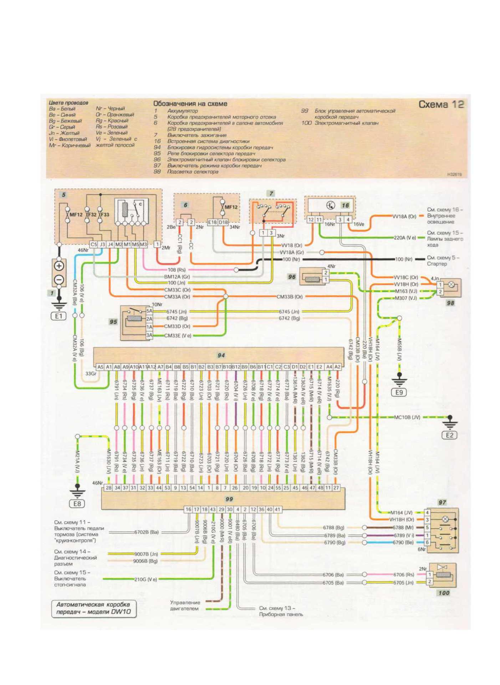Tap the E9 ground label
coord(399,392)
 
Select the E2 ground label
coord(449,435)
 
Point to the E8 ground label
coord(77,504)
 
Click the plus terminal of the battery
coord(59,266)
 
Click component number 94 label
coord(221,355)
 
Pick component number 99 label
coord(229,499)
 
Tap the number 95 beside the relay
coord(113,321)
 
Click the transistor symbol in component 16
coord(331,205)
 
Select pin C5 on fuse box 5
coord(94,244)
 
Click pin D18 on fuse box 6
coord(223,222)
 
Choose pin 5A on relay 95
coord(149,311)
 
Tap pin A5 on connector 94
coord(100,367)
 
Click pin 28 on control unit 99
coord(108,488)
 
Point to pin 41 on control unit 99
coord(277,509)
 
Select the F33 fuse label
coord(105,215)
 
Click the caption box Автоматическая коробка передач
coord(94,608)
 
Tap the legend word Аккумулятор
coord(183,111)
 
